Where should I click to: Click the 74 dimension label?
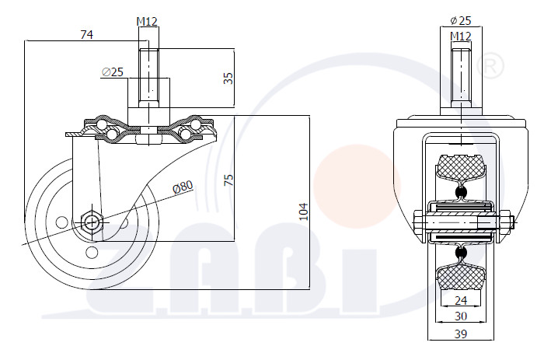pos(87,34)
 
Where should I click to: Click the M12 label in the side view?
pos(147,22)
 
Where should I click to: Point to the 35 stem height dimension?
pos(228,78)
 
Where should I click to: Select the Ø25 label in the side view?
pos(113,72)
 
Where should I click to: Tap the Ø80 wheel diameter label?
pos(183,187)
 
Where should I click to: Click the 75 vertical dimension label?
pos(228,180)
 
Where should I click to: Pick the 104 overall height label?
pos(303,211)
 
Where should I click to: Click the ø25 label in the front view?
pos(461,21)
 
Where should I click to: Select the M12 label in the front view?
pos(461,37)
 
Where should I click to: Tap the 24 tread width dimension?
pos(461,300)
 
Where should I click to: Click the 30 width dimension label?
pos(461,316)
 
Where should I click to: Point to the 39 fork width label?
pos(461,334)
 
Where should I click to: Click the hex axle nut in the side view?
pos(92,222)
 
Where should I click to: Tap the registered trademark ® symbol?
pos(490,66)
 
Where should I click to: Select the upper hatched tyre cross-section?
pos(461,168)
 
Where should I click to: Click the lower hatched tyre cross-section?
pos(461,276)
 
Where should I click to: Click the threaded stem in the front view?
pos(461,77)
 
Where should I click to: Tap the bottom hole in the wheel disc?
pos(92,252)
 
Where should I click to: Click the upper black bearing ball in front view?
pos(461,192)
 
